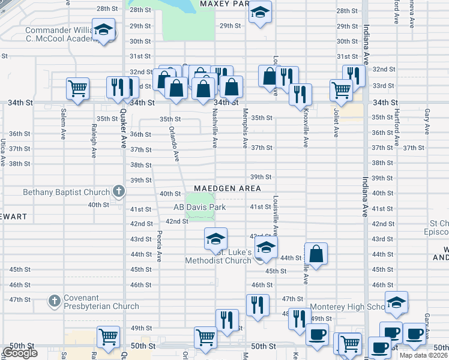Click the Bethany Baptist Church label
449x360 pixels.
(x=66, y=193)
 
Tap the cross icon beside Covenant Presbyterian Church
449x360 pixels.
(x=54, y=299)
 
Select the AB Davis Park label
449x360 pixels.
(x=199, y=207)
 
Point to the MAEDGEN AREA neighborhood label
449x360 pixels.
(x=227, y=188)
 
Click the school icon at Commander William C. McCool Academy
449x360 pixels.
(x=104, y=30)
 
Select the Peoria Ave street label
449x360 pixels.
(x=159, y=246)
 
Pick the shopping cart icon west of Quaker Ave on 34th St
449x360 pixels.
(x=78, y=88)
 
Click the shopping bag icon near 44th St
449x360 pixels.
(x=316, y=253)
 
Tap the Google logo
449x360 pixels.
(x=20, y=353)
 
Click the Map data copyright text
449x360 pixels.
(x=424, y=355)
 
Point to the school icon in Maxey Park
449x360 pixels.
(x=260, y=13)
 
